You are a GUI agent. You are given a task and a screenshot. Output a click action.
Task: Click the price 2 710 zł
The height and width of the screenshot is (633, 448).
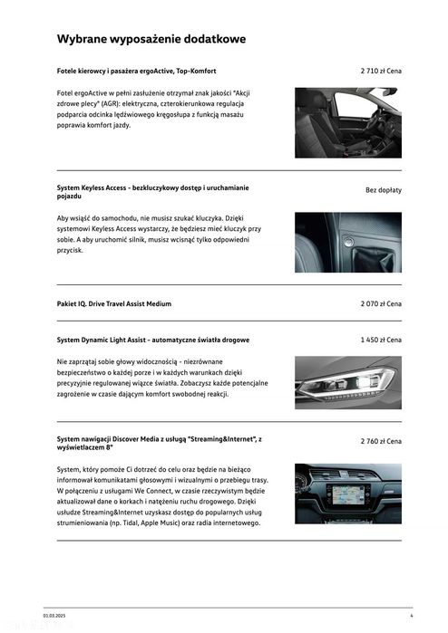pos(380,70)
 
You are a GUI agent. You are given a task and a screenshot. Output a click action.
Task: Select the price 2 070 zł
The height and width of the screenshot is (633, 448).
pos(380,303)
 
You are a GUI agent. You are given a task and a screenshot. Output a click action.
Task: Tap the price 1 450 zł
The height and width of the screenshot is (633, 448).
pos(380,340)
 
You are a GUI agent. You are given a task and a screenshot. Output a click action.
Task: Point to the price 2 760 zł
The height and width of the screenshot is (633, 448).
pos(380,439)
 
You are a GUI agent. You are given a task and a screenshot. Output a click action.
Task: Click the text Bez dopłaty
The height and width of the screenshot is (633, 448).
pos(383,190)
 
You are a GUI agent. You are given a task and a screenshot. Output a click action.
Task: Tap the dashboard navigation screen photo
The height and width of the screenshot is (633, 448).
pos(347,493)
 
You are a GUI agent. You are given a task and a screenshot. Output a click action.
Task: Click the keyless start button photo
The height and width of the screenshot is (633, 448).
pos(347,242)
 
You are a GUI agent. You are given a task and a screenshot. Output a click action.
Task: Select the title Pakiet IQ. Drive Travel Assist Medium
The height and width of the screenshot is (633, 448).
pos(113,303)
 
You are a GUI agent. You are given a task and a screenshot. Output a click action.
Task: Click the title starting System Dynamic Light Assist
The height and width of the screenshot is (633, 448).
pos(152,340)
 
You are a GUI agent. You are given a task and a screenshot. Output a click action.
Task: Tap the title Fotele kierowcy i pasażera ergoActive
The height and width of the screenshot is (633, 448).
pos(136,70)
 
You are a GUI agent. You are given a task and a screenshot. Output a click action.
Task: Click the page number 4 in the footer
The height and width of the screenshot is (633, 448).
pos(411,616)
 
